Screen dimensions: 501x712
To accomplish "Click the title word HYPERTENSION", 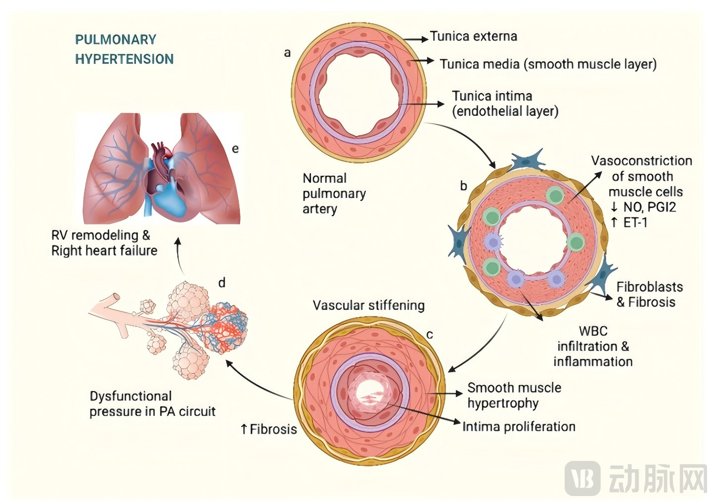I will [x=124, y=59].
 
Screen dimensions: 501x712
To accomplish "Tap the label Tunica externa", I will [x=473, y=37].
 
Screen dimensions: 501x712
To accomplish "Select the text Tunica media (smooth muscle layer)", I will [x=548, y=64].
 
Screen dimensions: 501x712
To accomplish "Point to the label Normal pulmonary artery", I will [x=334, y=193].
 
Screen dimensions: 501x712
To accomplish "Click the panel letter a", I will [x=287, y=52].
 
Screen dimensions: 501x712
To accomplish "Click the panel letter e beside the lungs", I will [x=235, y=149].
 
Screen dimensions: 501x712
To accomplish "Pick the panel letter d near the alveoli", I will [x=222, y=283].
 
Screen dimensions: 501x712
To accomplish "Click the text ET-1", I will [x=635, y=223].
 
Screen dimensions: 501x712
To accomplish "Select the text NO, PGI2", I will [x=649, y=207].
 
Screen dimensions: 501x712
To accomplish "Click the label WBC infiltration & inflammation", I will [x=593, y=346].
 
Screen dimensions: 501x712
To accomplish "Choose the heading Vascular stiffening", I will [x=368, y=305].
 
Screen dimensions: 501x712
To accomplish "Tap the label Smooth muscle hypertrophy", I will [x=514, y=395].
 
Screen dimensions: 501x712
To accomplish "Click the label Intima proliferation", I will [x=519, y=427].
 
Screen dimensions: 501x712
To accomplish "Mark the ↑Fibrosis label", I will [x=269, y=429].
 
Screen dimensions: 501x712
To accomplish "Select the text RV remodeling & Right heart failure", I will [x=104, y=243].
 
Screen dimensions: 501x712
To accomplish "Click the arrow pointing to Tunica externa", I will [x=416, y=39].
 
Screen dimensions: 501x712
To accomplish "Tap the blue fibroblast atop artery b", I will [x=527, y=161].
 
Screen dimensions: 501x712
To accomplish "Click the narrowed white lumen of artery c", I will [x=369, y=392].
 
